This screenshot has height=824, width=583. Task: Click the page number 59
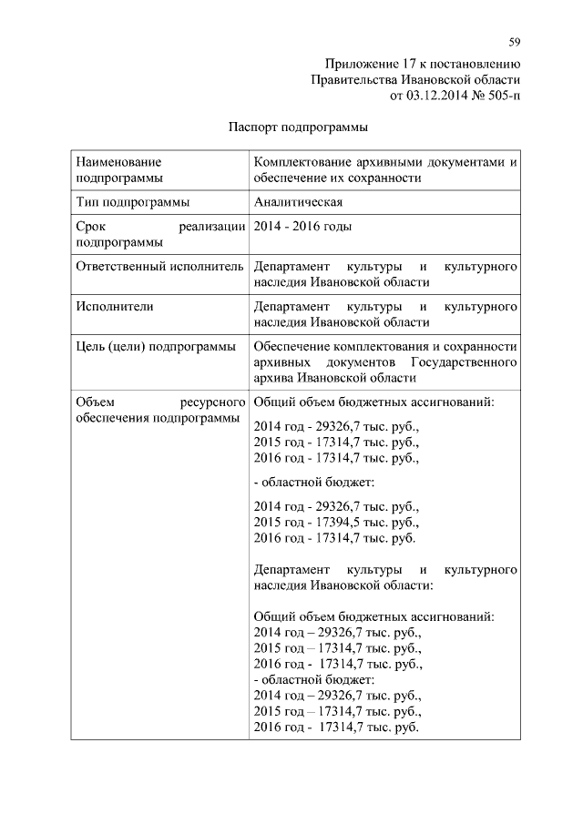(x=515, y=41)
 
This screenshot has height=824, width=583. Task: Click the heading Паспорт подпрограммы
(x=298, y=127)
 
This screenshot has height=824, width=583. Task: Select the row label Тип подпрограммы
(x=132, y=202)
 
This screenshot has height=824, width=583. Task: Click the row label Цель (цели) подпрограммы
(x=154, y=347)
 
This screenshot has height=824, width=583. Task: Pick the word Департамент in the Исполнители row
(x=291, y=307)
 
